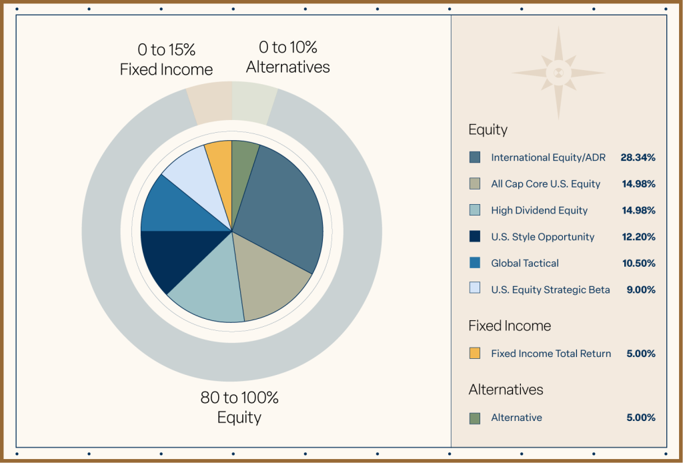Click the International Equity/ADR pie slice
(x=280, y=207)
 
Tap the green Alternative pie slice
(x=243, y=160)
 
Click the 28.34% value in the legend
(x=638, y=157)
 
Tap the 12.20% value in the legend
(x=638, y=237)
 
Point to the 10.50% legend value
(x=638, y=263)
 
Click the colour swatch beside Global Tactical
(x=474, y=263)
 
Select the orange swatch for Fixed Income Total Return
(x=474, y=354)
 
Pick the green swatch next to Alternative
(x=474, y=418)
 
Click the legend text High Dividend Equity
(x=539, y=210)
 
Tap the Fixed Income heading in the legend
(x=510, y=326)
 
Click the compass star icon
(x=559, y=72)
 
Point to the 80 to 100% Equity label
(x=239, y=408)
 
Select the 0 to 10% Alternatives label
(x=288, y=57)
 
